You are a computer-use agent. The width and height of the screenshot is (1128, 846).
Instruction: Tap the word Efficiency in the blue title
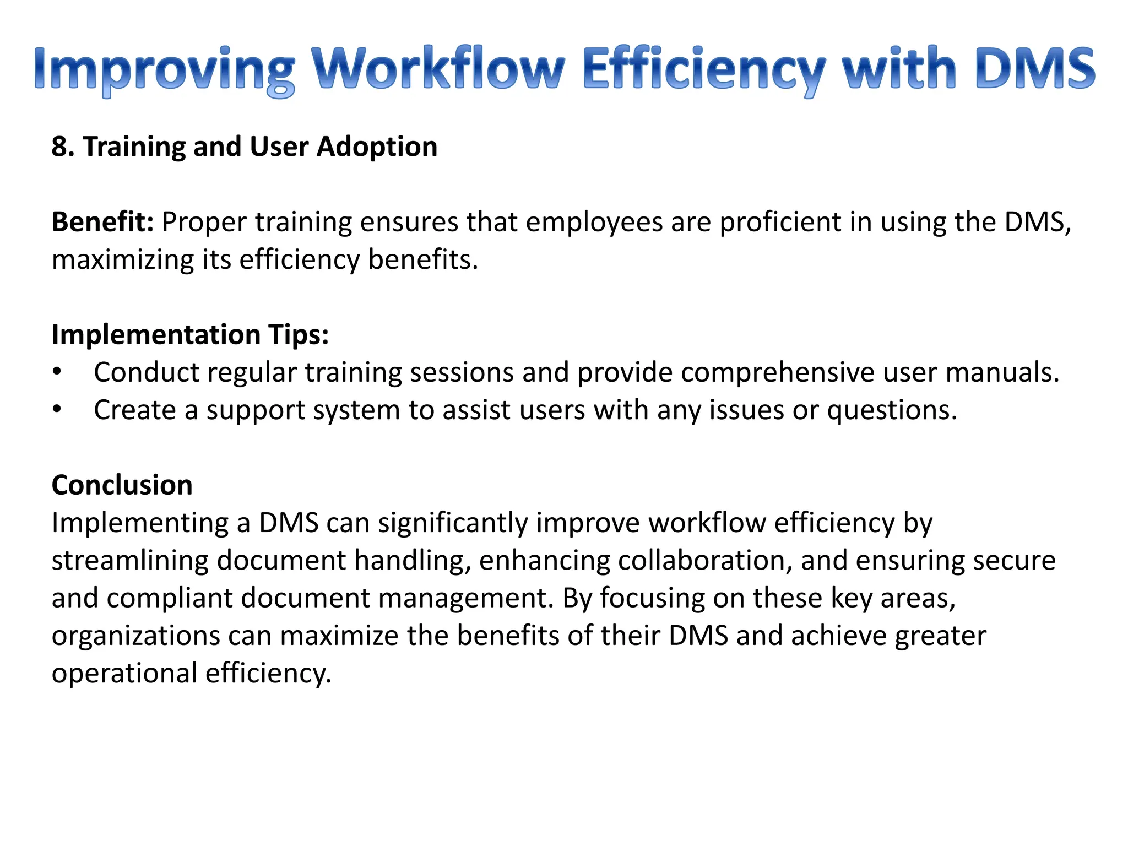click(x=703, y=69)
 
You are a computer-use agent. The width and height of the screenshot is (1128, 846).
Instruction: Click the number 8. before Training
click(x=63, y=147)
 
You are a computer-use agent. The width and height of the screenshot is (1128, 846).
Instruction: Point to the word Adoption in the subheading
click(x=377, y=147)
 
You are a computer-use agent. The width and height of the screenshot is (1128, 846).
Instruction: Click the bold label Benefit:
click(x=102, y=222)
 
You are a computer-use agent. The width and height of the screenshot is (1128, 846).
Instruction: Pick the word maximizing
click(x=123, y=260)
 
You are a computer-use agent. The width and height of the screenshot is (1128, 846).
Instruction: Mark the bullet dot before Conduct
click(x=57, y=372)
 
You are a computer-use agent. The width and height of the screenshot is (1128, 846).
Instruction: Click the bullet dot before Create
click(x=57, y=410)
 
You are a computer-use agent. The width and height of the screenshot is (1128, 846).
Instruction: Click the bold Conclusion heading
click(x=122, y=485)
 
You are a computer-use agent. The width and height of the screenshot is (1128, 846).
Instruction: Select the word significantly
click(x=453, y=523)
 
